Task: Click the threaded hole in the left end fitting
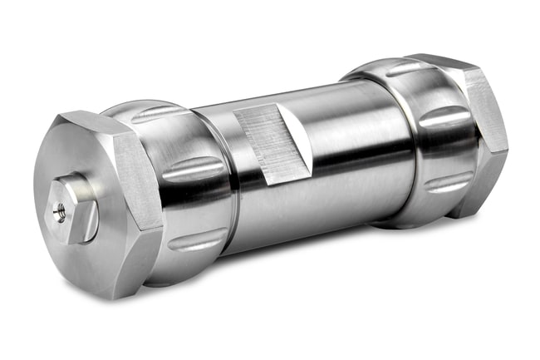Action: pos(59,211)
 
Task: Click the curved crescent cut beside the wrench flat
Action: pos(295,136)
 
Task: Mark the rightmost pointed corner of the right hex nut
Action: pos(507,150)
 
